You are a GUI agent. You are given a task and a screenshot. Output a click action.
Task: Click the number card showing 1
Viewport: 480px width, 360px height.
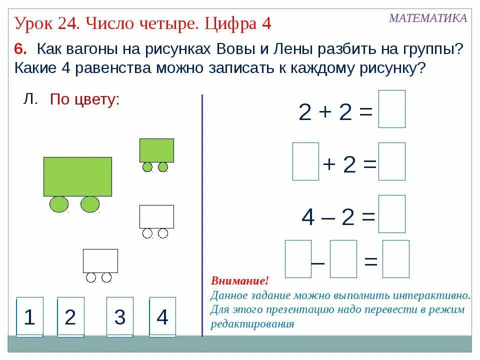point(29,317)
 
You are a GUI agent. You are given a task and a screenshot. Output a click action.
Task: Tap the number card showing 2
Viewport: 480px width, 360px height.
point(70,317)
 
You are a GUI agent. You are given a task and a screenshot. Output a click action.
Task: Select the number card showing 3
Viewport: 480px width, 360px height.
point(119,317)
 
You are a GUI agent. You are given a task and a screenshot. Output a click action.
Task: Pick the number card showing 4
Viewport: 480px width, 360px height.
point(162,317)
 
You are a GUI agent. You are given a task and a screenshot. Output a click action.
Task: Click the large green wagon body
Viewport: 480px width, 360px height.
point(77,176)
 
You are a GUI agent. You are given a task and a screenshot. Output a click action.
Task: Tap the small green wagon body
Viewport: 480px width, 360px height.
point(156,150)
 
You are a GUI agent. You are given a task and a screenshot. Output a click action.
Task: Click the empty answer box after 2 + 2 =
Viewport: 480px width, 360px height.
point(391,109)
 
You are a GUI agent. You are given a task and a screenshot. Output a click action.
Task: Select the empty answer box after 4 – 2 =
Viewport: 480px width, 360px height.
point(391,214)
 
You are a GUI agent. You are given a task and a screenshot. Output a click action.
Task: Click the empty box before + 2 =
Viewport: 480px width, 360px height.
point(305,161)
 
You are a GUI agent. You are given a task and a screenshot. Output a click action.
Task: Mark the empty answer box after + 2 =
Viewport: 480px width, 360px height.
point(391,161)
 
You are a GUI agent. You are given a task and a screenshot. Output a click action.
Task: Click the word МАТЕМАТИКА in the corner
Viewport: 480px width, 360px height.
point(428,18)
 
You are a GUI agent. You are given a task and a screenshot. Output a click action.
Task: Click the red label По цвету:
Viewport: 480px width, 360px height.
point(84,99)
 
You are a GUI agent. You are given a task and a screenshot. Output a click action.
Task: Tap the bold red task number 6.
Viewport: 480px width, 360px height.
point(19,49)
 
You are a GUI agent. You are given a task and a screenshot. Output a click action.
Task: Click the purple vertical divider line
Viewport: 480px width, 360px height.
point(202,215)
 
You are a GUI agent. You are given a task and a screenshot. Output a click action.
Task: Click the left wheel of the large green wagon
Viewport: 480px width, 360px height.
point(59,204)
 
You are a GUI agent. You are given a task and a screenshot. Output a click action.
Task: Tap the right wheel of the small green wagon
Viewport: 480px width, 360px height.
point(163,167)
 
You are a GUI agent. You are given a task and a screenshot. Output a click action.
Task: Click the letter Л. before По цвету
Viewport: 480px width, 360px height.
point(30,99)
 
